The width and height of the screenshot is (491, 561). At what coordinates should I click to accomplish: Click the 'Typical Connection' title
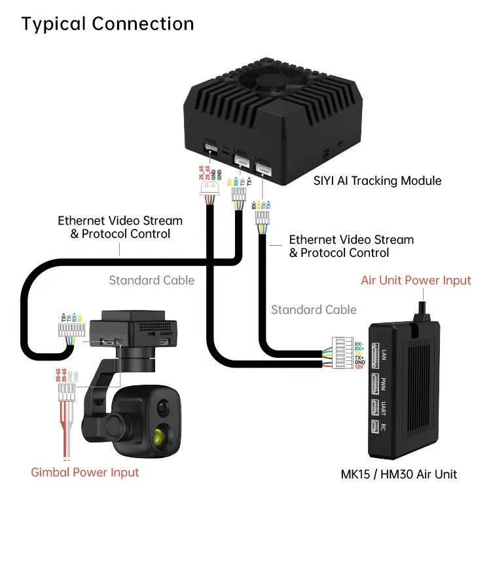[107, 24]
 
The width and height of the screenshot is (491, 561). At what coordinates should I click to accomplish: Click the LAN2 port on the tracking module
[263, 169]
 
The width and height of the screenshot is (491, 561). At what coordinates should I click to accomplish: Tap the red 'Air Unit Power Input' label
[416, 280]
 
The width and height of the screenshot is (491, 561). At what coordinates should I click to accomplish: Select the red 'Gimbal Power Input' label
[85, 472]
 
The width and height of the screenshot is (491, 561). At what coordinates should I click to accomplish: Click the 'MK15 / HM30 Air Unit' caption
[399, 474]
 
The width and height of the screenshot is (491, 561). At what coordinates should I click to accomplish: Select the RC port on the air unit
[375, 427]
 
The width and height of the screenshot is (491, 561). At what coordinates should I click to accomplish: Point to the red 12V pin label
[359, 368]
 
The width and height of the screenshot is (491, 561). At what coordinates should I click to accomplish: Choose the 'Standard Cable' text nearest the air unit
[314, 309]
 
